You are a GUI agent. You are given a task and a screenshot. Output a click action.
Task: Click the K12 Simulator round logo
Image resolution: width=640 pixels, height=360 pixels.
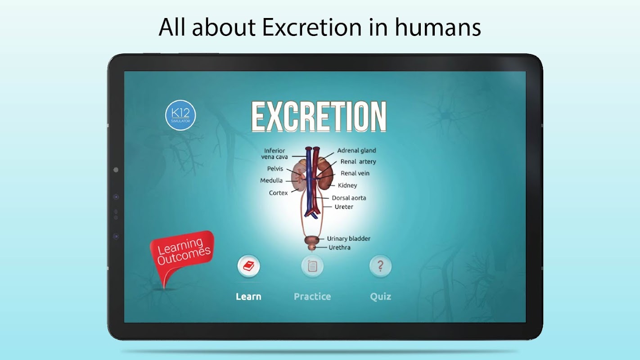click(180, 115)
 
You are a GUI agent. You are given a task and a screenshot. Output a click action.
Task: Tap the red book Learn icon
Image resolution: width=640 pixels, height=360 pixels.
click(248, 266)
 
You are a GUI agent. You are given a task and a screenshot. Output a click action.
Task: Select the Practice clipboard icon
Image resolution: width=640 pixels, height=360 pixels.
click(312, 266)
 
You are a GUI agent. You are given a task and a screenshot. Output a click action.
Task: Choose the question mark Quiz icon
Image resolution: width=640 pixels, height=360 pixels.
click(380, 266)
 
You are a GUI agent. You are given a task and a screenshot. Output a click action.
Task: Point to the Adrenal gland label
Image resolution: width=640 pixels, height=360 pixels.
click(356, 151)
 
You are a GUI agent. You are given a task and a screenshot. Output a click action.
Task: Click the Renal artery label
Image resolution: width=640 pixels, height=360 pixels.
click(358, 162)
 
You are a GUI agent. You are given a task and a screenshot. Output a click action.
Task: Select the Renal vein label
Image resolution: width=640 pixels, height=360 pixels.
click(355, 173)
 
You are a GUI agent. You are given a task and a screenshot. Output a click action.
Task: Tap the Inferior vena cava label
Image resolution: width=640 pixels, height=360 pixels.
click(274, 154)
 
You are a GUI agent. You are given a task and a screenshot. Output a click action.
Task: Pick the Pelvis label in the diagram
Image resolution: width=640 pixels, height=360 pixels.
click(275, 169)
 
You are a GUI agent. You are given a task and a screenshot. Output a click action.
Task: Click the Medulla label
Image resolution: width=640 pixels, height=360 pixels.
click(271, 180)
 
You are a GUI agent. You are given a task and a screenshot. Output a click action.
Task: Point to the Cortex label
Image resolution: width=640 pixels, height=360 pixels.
click(278, 193)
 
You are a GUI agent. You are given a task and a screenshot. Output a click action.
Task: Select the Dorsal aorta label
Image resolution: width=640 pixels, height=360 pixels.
click(349, 198)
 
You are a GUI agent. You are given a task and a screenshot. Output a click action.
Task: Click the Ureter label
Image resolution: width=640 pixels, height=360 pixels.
click(344, 207)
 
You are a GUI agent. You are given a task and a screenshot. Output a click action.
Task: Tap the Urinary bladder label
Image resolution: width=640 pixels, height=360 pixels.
click(348, 238)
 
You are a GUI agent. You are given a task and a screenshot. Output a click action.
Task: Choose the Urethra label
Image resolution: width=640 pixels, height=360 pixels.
click(339, 247)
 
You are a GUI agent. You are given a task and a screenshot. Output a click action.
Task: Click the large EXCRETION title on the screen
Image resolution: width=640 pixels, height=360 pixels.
click(319, 117)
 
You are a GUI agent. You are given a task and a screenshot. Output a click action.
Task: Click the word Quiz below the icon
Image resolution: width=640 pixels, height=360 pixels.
click(381, 297)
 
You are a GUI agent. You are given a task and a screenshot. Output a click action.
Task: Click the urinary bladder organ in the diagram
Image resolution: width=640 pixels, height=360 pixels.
click(312, 240)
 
